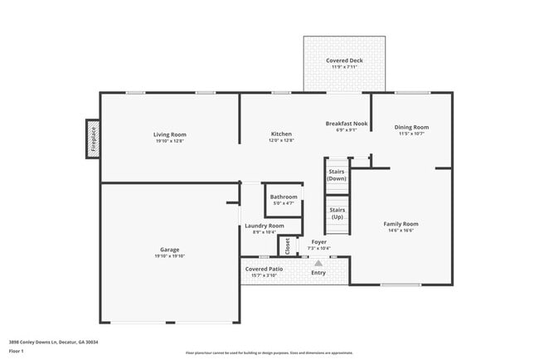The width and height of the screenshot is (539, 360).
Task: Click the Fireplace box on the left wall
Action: (x=93, y=139)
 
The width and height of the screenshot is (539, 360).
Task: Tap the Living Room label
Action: (x=170, y=134)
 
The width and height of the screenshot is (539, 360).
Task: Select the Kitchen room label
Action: (x=281, y=134)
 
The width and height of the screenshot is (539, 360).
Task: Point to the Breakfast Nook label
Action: (x=346, y=124)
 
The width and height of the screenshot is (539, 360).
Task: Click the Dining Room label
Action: (x=412, y=127)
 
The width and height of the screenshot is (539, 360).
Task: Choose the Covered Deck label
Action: (x=344, y=61)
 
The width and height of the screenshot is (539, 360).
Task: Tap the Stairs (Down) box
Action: (x=337, y=174)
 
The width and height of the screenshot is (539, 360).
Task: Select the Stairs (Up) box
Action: (x=337, y=214)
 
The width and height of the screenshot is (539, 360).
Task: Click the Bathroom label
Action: (x=284, y=197)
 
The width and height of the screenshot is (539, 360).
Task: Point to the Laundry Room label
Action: (x=264, y=226)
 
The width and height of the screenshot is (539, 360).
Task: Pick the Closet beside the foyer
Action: (x=288, y=246)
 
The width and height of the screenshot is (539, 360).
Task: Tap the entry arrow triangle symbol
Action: (x=318, y=264)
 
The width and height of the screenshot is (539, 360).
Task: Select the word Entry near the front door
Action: (x=318, y=272)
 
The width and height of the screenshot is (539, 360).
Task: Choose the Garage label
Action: (x=170, y=250)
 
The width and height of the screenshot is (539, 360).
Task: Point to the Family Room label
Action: (x=401, y=224)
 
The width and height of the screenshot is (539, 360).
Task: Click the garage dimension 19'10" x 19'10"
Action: (x=170, y=256)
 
